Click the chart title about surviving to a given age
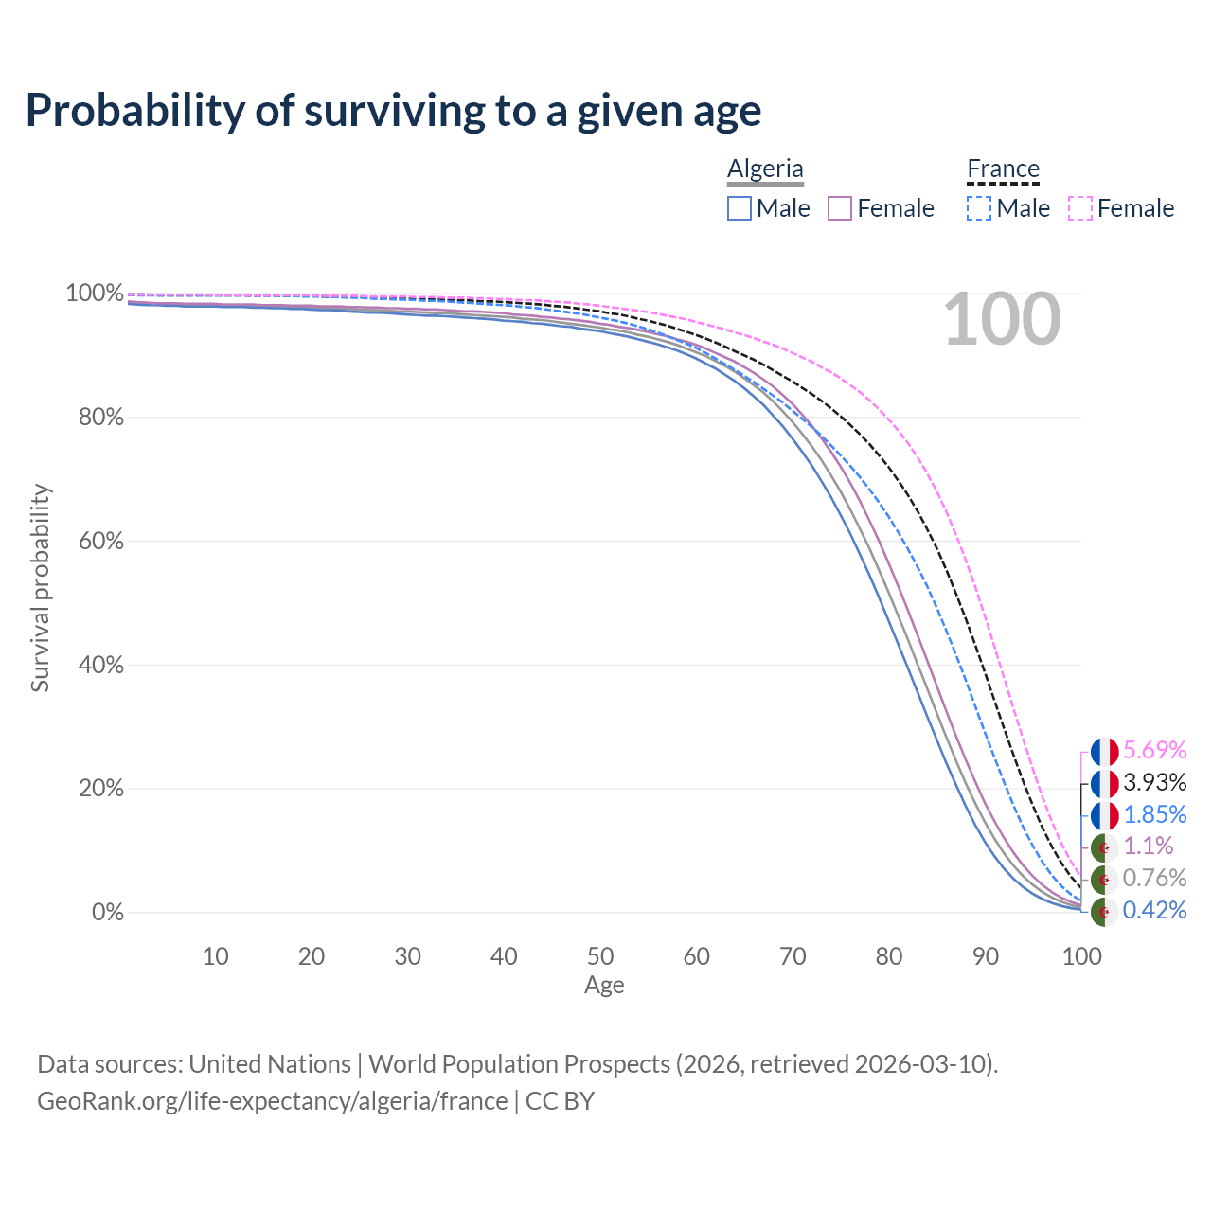click(393, 111)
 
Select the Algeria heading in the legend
click(765, 169)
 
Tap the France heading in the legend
click(1003, 169)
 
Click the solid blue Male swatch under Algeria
click(740, 208)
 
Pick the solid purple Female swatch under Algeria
click(841, 208)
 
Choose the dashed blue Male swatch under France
click(979, 208)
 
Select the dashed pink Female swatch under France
click(1080, 208)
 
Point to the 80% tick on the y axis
click(101, 418)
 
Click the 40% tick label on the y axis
click(101, 665)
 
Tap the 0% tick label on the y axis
click(107, 913)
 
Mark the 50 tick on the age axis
click(600, 956)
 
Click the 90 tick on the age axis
click(986, 956)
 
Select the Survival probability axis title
click(40, 588)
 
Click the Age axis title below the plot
click(604, 986)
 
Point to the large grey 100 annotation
click(1002, 320)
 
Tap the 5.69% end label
click(1154, 751)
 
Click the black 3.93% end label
click(1154, 783)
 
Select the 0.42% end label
click(1154, 911)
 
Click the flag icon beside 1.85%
click(1104, 815)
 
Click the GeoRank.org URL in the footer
click(273, 1101)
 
